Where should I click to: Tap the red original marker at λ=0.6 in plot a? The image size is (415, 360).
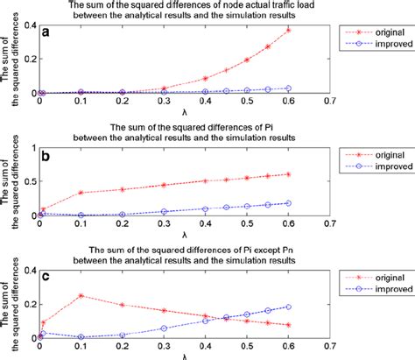point(287,30)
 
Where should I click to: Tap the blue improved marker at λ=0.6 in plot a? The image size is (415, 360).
point(287,88)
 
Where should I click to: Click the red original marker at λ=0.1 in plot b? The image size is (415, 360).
point(81,167)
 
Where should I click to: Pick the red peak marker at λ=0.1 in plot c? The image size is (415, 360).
point(81,295)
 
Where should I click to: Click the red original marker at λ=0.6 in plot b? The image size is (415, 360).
point(287,149)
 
